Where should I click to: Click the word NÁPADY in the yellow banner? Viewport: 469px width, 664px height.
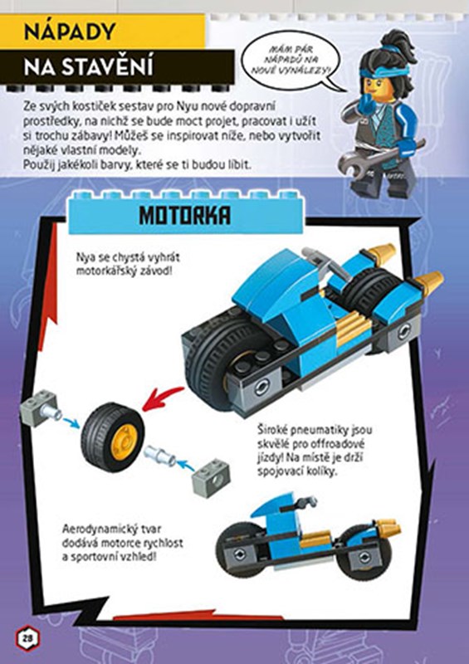[70, 32]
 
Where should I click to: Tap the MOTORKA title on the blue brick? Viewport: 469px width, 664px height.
[185, 216]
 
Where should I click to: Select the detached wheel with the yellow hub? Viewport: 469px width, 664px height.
[113, 437]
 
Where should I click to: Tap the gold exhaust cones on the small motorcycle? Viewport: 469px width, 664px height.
[387, 527]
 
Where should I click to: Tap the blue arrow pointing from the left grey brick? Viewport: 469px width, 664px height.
[71, 423]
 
